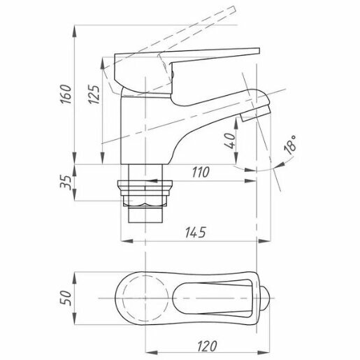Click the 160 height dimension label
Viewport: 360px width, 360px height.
click(66, 94)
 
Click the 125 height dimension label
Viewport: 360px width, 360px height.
click(94, 94)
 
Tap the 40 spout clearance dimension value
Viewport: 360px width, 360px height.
click(230, 141)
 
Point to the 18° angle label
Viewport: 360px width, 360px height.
click(289, 145)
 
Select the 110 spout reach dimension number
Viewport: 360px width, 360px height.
click(201, 172)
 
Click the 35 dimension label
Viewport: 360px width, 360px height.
click(66, 182)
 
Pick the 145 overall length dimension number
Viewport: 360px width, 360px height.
click(196, 232)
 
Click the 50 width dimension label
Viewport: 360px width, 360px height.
click(66, 298)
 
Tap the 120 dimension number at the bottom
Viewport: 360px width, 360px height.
click(207, 346)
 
